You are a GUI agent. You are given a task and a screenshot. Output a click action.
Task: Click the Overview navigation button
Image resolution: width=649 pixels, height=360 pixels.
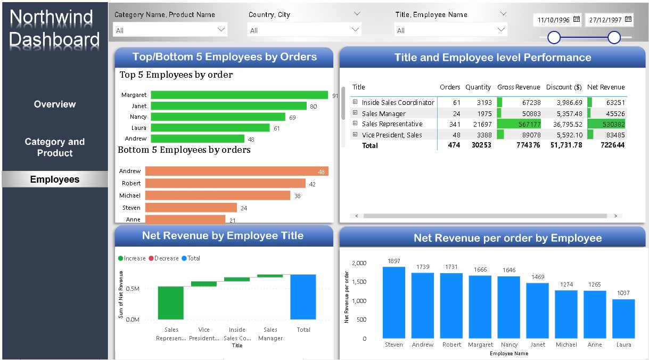pyautogui.click(x=55, y=104)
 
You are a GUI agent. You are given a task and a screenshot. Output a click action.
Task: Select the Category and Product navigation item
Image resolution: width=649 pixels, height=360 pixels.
pyautogui.click(x=55, y=148)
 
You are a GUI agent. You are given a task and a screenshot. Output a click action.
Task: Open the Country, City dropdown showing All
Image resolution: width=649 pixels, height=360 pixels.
pyautogui.click(x=304, y=30)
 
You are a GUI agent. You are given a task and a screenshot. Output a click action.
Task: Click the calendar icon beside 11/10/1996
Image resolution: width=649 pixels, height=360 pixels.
pyautogui.click(x=577, y=20)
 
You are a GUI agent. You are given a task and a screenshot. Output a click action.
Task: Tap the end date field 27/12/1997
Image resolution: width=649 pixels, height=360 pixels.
pyautogui.click(x=605, y=20)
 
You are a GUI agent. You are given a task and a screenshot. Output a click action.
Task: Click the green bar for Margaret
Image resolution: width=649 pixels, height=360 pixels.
pyautogui.click(x=239, y=95)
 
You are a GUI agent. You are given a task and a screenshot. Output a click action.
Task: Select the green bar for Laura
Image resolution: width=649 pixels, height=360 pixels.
pyautogui.click(x=210, y=128)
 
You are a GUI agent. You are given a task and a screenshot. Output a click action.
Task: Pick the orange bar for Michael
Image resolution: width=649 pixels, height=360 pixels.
pyautogui.click(x=218, y=195)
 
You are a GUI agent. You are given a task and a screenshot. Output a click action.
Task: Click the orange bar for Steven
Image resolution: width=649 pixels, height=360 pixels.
pyautogui.click(x=191, y=208)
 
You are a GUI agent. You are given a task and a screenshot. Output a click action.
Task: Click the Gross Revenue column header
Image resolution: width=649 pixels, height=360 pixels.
pyautogui.click(x=518, y=87)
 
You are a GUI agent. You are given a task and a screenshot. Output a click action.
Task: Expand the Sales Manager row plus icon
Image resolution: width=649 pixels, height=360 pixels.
pyautogui.click(x=355, y=113)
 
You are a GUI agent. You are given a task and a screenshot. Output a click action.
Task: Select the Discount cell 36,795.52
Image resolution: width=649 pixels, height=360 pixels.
pyautogui.click(x=564, y=124)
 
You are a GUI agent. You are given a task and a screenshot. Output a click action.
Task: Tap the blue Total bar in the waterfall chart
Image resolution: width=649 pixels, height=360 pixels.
pyautogui.click(x=303, y=297)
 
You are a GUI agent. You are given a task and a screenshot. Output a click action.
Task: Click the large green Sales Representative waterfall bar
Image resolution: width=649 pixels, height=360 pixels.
pyautogui.click(x=171, y=302)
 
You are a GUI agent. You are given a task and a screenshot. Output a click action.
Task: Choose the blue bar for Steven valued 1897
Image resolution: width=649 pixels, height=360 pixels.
pyautogui.click(x=393, y=302)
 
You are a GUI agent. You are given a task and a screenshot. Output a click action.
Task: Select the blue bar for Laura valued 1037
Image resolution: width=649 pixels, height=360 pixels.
pyautogui.click(x=623, y=318)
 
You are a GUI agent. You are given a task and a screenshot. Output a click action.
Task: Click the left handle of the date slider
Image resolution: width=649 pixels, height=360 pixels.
pyautogui.click(x=554, y=37)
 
